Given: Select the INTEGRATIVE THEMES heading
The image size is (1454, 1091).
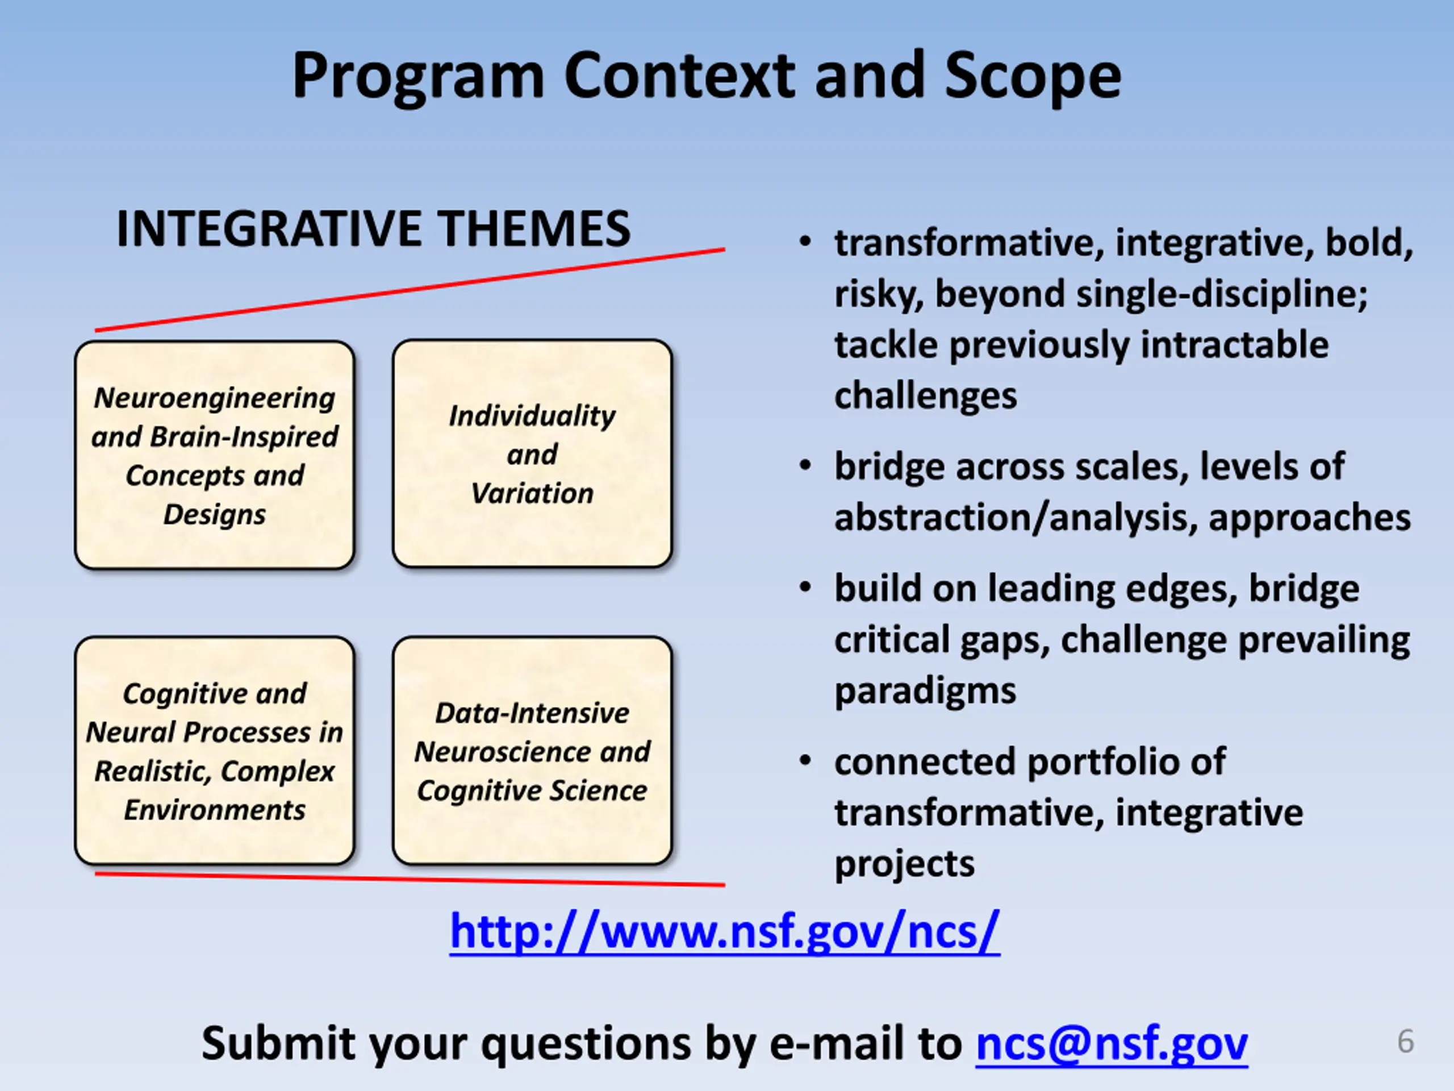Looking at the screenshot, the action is [373, 229].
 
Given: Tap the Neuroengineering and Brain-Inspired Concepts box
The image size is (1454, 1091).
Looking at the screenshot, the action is [215, 455].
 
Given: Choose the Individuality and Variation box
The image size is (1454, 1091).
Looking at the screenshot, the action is [532, 454].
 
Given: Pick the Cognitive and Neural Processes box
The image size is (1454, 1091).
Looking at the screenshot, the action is [215, 751].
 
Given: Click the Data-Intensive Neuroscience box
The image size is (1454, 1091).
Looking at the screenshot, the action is [532, 751].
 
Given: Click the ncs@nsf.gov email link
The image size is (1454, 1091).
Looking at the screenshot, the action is [1112, 1044].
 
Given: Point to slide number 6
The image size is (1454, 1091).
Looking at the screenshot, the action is [1405, 1041].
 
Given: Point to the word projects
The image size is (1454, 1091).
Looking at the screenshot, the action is [904, 864].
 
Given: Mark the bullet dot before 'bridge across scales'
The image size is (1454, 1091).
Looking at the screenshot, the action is [805, 465].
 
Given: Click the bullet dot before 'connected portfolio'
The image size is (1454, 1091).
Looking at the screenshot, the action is [805, 761].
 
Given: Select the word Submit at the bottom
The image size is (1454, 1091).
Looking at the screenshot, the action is [279, 1043].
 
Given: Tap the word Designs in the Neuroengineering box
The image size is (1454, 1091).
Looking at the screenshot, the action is [214, 514].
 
